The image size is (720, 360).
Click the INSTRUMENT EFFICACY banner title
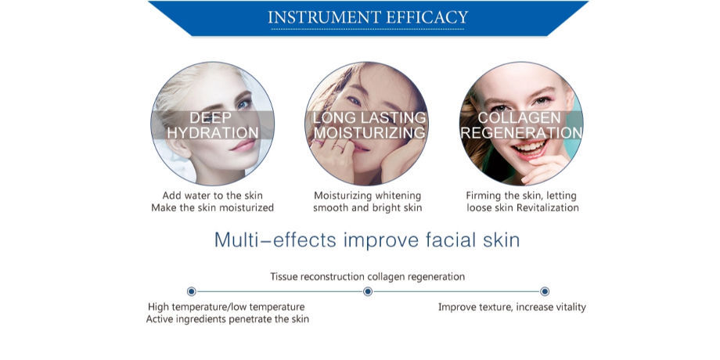click(x=368, y=17)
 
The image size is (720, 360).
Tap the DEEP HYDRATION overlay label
click(x=212, y=125)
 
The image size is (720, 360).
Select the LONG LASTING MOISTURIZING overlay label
click(x=369, y=125)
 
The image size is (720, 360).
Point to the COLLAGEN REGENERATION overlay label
click(x=521, y=125)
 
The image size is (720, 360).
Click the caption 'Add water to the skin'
click(x=212, y=195)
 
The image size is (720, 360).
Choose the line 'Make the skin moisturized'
click(x=212, y=207)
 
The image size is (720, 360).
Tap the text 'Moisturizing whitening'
click(x=367, y=195)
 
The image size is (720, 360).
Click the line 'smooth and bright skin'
click(x=367, y=207)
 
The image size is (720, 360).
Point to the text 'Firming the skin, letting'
click(x=522, y=195)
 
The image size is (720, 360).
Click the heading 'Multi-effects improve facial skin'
click(x=367, y=239)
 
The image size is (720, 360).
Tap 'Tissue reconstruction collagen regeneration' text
click(x=367, y=276)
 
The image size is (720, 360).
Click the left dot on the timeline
click(x=192, y=292)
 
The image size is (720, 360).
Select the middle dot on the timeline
click(x=368, y=292)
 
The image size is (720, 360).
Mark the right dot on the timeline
click(x=545, y=292)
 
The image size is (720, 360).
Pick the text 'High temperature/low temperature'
click(x=226, y=307)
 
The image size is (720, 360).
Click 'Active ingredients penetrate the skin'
click(x=227, y=319)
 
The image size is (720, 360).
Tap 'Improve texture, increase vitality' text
click(x=512, y=307)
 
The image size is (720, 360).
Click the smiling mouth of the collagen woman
click(x=530, y=148)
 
